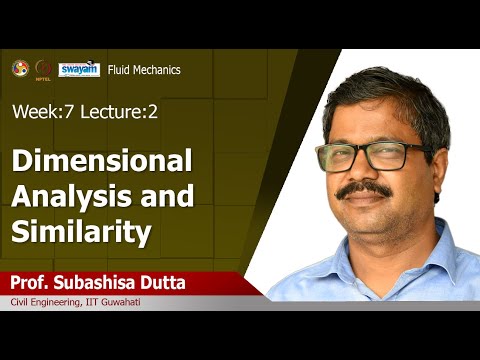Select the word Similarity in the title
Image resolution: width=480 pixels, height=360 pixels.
(x=82, y=232)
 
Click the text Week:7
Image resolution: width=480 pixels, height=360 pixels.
(x=39, y=113)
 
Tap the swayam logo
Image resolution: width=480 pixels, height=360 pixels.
(x=79, y=69)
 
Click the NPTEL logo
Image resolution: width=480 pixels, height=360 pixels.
(x=43, y=69)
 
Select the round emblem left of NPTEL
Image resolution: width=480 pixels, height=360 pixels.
(x=19, y=68)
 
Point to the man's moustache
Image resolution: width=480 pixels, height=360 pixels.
(x=362, y=190)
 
